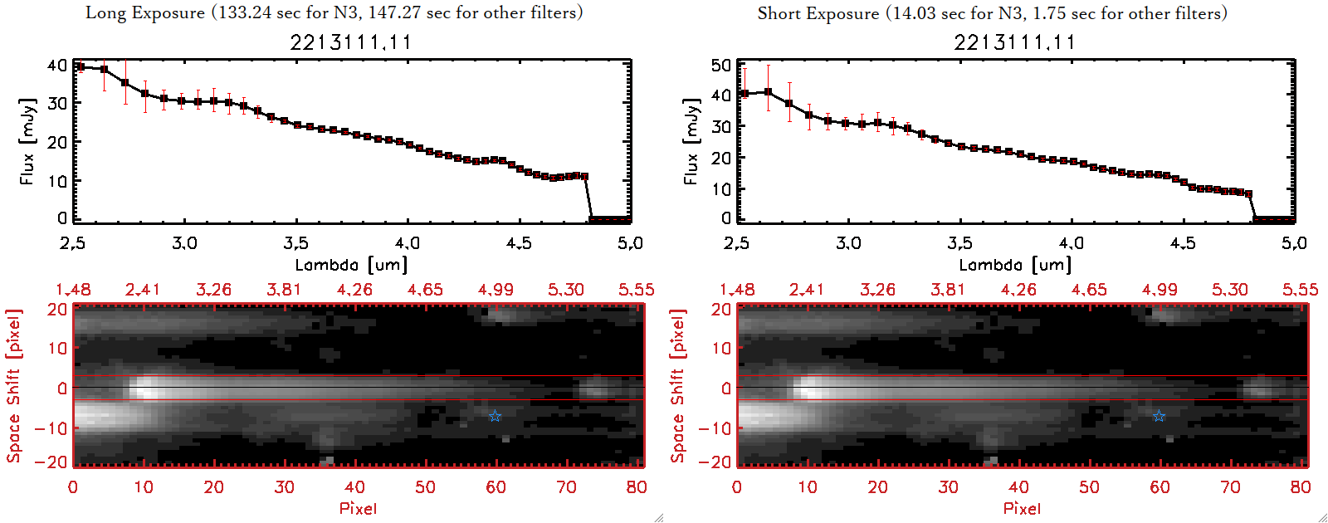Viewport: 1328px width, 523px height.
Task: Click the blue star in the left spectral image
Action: pos(495,416)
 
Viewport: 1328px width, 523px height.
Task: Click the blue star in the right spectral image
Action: pos(1159,416)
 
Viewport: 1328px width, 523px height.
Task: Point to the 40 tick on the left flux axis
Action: pos(57,66)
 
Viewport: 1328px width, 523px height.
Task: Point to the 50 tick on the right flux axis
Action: pos(721,66)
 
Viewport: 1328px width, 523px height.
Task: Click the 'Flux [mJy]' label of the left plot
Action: pos(27,142)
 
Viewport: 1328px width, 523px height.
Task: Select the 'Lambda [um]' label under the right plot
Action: pos(1015,265)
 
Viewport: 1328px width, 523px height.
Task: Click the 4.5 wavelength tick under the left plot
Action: pos(519,243)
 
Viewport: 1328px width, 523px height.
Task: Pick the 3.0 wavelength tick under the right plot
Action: pos(848,243)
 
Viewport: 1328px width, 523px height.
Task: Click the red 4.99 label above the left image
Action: pos(496,290)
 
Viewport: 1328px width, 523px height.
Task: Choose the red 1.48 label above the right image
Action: pos(737,290)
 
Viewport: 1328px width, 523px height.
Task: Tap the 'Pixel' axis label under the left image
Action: pos(358,508)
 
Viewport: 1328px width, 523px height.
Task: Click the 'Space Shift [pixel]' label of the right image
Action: pos(678,386)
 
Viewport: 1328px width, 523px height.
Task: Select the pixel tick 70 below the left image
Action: pos(566,487)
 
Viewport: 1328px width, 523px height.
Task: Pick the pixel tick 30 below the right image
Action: pos(948,487)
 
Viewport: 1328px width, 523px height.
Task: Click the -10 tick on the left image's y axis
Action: pos(51,428)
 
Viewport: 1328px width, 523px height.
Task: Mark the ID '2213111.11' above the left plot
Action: pos(350,42)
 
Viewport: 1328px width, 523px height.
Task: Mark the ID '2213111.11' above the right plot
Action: pos(1014,42)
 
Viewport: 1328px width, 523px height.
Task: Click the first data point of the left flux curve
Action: pos(81,67)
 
